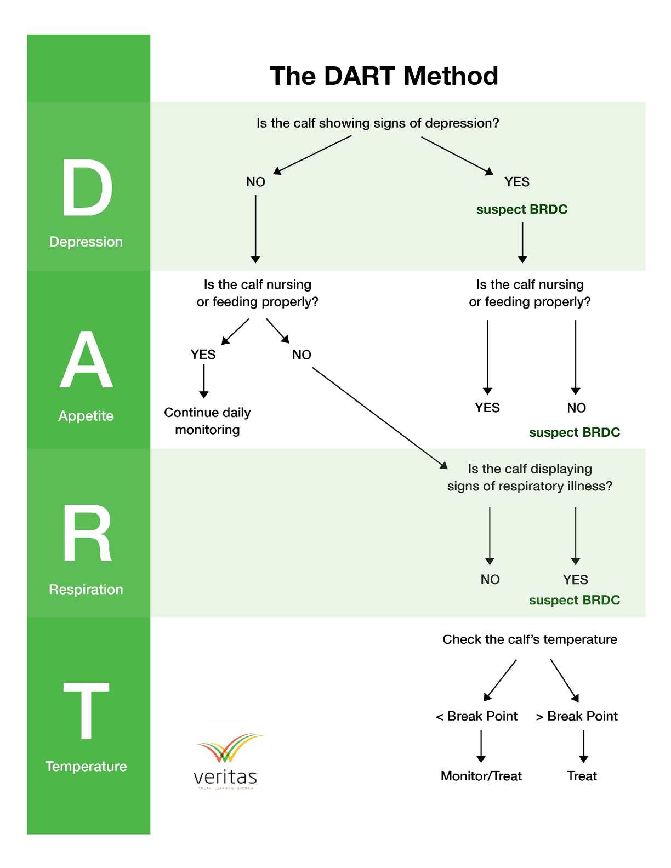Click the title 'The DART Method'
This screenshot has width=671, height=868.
click(384, 76)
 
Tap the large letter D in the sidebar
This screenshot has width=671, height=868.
click(87, 188)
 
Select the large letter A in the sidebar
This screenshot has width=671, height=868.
click(86, 360)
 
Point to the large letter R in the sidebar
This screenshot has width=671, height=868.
click(87, 534)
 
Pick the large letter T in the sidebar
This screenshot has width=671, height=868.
click(86, 711)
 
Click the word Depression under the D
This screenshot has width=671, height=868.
click(86, 242)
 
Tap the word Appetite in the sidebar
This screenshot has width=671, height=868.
click(86, 416)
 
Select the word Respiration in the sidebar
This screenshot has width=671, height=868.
click(86, 590)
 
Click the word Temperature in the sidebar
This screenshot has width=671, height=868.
click(86, 766)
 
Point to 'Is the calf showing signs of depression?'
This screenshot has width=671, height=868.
click(378, 123)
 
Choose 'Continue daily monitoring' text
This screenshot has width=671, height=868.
click(207, 421)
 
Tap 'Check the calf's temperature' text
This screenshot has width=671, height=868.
click(530, 639)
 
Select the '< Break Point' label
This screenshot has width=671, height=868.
click(476, 716)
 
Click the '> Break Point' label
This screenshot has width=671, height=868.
click(577, 716)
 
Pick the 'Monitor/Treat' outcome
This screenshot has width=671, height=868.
click(481, 776)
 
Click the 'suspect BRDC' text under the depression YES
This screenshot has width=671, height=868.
click(522, 209)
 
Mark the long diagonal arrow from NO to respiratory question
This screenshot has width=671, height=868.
click(379, 418)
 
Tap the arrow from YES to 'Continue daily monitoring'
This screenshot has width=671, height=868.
click(204, 381)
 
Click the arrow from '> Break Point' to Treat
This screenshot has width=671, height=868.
click(584, 746)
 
